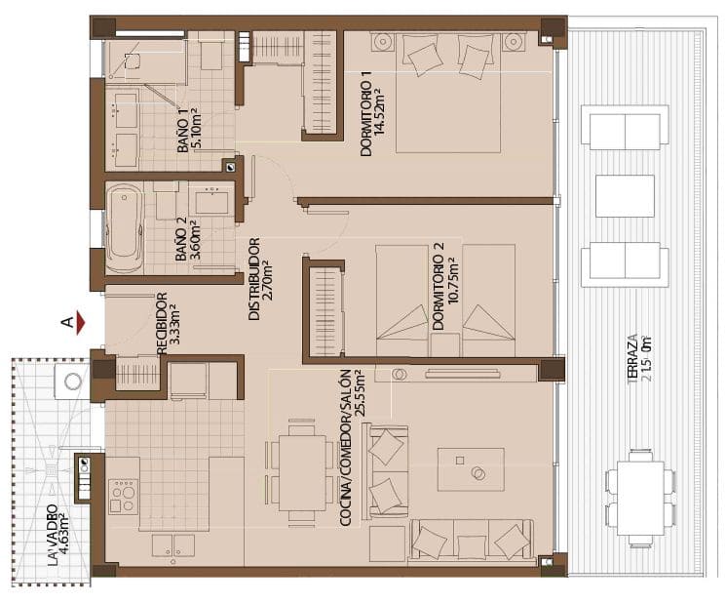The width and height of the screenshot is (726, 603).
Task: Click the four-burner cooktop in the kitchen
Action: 123,495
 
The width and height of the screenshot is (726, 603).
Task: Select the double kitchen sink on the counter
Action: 172,544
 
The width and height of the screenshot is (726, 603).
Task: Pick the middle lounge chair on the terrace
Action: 624,195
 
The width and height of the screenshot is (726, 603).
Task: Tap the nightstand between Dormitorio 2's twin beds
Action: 445,344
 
